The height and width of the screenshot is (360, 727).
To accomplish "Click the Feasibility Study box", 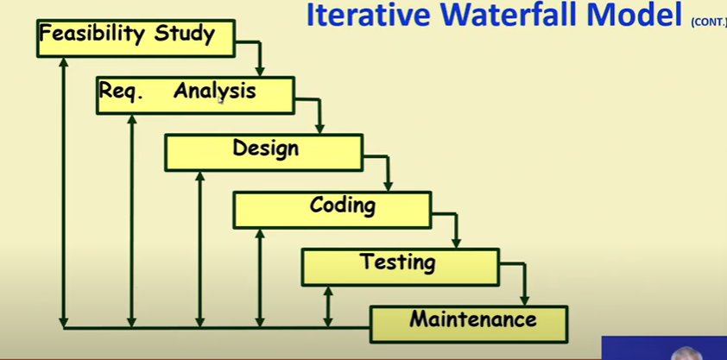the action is tap(136, 39).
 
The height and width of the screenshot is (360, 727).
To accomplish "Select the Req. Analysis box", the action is tap(195, 96).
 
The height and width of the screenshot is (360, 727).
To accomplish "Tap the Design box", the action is tap(264, 153).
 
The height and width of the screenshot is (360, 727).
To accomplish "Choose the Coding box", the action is tap(332, 211).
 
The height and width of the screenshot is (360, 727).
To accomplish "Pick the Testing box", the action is tap(401, 268).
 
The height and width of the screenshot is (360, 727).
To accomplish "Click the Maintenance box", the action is tap(469, 325).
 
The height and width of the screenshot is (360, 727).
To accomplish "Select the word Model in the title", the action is tap(635, 15).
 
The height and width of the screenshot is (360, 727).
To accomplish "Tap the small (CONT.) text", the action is tap(709, 22).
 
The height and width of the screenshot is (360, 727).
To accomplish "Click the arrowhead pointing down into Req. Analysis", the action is tap(260, 72).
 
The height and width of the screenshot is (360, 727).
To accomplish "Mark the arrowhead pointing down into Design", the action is tap(319, 129).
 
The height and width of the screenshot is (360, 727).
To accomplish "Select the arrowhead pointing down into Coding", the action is tap(388, 186).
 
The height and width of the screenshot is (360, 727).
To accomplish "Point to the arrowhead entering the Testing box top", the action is tap(456, 243).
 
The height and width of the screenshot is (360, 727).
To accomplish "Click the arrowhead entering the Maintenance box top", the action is tap(524, 300).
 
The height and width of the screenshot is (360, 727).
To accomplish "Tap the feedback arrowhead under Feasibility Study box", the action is tap(64, 62).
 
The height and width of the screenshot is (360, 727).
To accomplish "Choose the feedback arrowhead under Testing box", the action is tap(328, 292).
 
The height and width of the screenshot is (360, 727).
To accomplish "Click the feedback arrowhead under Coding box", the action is tap(260, 234).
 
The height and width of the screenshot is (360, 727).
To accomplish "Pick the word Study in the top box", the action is tap(185, 35).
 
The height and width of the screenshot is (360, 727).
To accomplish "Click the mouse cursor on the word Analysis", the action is tap(221, 99).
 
